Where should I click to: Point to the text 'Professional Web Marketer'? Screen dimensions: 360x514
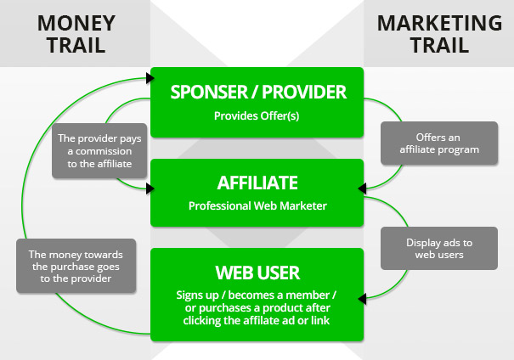257,205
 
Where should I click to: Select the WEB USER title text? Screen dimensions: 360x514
257,273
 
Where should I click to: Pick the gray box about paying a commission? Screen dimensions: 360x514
95,150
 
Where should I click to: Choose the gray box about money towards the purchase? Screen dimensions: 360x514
76,266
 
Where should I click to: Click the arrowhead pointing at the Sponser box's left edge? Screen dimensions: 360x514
148,77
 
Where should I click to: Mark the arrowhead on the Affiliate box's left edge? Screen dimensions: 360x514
148,169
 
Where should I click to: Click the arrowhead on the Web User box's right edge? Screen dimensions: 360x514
366,297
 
